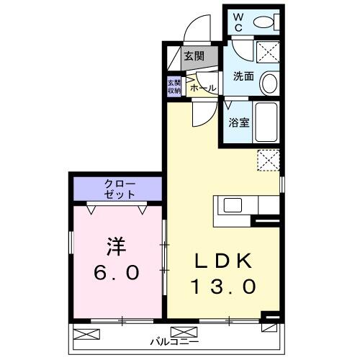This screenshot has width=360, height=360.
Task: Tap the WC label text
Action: click(238, 22)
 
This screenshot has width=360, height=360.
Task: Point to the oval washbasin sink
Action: click(269, 84)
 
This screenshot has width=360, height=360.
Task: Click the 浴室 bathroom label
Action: click(239, 123)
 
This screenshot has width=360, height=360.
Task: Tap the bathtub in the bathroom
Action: click(268, 123)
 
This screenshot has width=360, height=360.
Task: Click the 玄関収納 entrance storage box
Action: click(174, 86)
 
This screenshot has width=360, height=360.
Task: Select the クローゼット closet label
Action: click(119, 189)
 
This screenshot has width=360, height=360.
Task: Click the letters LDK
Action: click(222, 260)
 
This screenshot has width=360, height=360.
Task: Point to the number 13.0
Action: click(222, 287)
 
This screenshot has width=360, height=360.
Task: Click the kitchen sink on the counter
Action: click(233, 205)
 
